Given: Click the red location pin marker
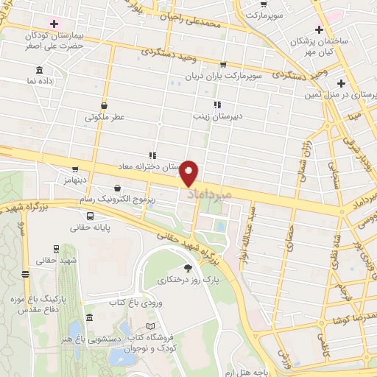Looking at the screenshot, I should coord(190,172).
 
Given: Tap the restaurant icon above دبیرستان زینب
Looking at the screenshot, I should coord(216,105).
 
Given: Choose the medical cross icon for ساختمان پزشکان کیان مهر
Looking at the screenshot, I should coord(319,29).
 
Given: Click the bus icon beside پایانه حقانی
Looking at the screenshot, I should coord(90,216).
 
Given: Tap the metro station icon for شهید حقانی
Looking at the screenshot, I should coord(56,249).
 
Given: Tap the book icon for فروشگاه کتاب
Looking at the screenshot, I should coord(152,325).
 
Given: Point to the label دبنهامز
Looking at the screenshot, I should coord(75,179).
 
